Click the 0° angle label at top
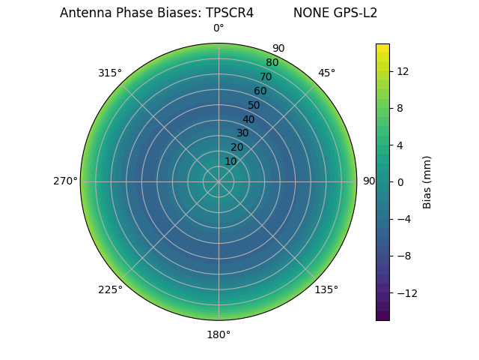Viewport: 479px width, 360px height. [x=219, y=28]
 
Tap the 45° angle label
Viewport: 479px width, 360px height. [x=326, y=73]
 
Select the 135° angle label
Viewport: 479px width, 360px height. [x=326, y=289]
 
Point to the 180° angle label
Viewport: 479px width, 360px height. [x=219, y=334]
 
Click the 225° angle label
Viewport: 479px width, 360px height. [x=110, y=289]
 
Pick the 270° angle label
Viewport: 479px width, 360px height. [x=65, y=181]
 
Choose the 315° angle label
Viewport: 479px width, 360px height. [x=110, y=73]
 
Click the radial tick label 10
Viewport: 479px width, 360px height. [x=231, y=161]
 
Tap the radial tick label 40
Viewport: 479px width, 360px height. [x=248, y=119]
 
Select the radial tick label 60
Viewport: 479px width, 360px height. [x=260, y=91]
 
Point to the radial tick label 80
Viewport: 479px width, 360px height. [x=272, y=62]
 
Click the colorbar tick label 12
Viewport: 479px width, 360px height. [x=402, y=71]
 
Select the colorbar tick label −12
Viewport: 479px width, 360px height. [x=405, y=292]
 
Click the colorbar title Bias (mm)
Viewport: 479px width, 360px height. [x=427, y=181]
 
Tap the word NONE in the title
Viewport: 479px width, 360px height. [x=308, y=13]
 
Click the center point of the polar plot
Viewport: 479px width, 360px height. [x=219, y=181]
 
